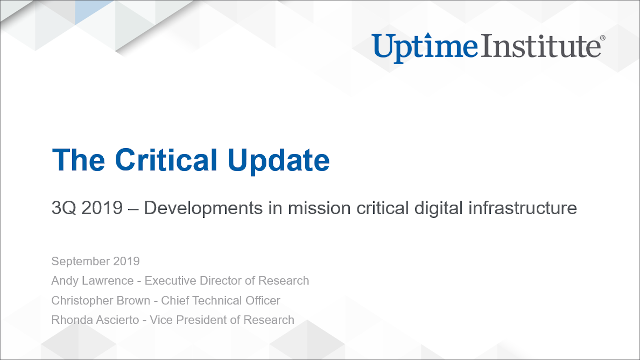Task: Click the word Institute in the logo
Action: tap(537, 46)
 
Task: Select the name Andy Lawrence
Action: tap(94, 281)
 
